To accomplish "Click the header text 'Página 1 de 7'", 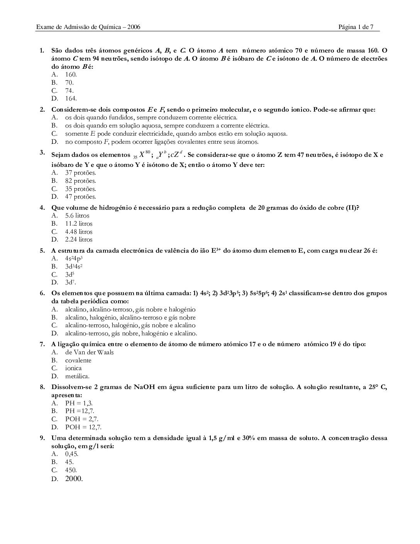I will (x=356, y=27).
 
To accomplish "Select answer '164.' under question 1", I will (x=71, y=99).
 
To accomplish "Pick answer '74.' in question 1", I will (x=69, y=90).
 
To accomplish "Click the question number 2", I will (x=42, y=109).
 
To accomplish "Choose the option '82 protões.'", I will (x=80, y=181).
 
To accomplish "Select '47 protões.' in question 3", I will (x=80, y=197).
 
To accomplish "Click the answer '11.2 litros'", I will (x=79, y=224).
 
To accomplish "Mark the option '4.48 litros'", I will (x=79, y=232).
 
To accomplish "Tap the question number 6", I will (x=42, y=293).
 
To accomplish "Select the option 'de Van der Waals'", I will (x=89, y=352).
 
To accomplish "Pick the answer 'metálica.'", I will (x=77, y=376).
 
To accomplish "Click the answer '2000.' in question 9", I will (x=74, y=479).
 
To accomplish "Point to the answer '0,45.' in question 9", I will (x=72, y=454).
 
